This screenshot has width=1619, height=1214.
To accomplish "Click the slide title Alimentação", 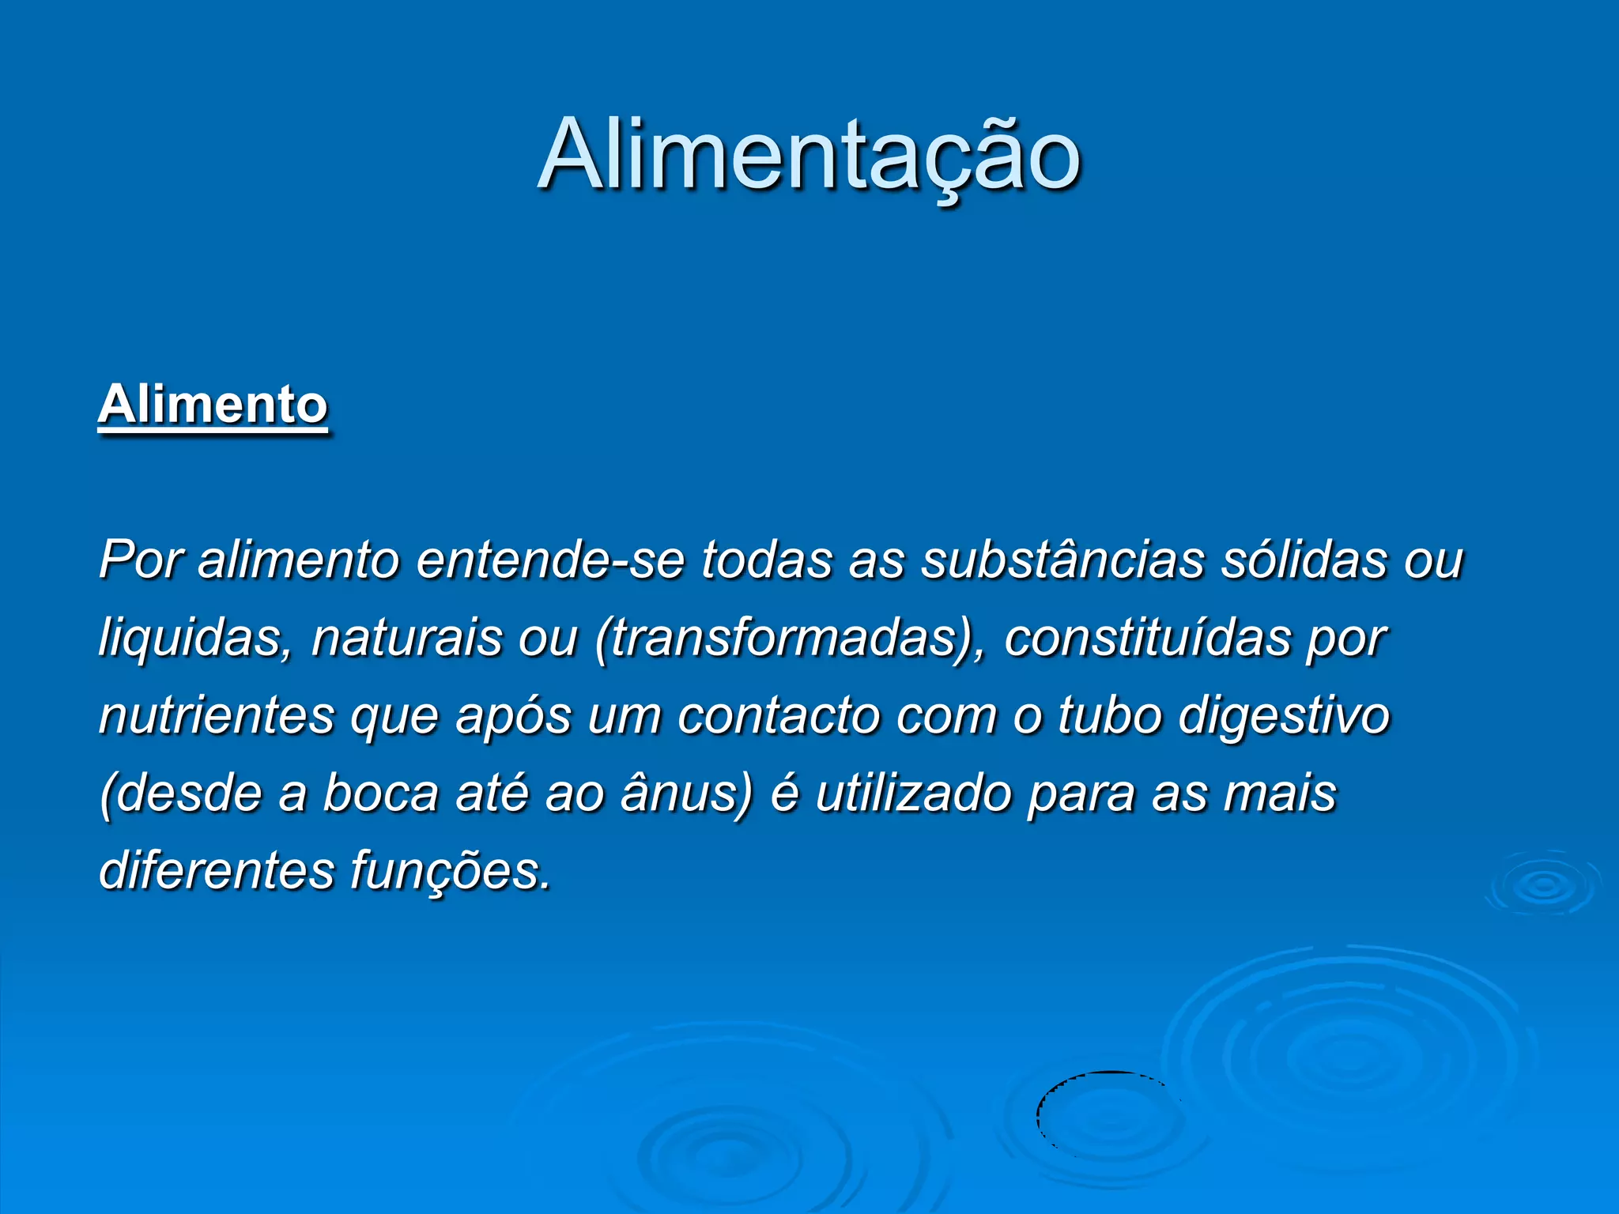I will coord(809,156).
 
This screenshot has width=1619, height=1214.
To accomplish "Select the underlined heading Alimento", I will coord(213,405).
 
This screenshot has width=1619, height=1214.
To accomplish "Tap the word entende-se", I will coord(550,560).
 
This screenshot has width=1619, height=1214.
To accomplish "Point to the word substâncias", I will coord(1062,560).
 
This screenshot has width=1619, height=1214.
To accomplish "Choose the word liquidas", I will coord(190,639).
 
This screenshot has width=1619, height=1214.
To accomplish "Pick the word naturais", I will coord(406,637).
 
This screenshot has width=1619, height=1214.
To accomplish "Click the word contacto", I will coord(779,716).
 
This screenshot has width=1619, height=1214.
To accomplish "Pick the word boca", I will coord(380,793).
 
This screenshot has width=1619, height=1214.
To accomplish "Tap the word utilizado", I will coord(913,793).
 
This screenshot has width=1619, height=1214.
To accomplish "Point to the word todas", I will coord(766,560).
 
